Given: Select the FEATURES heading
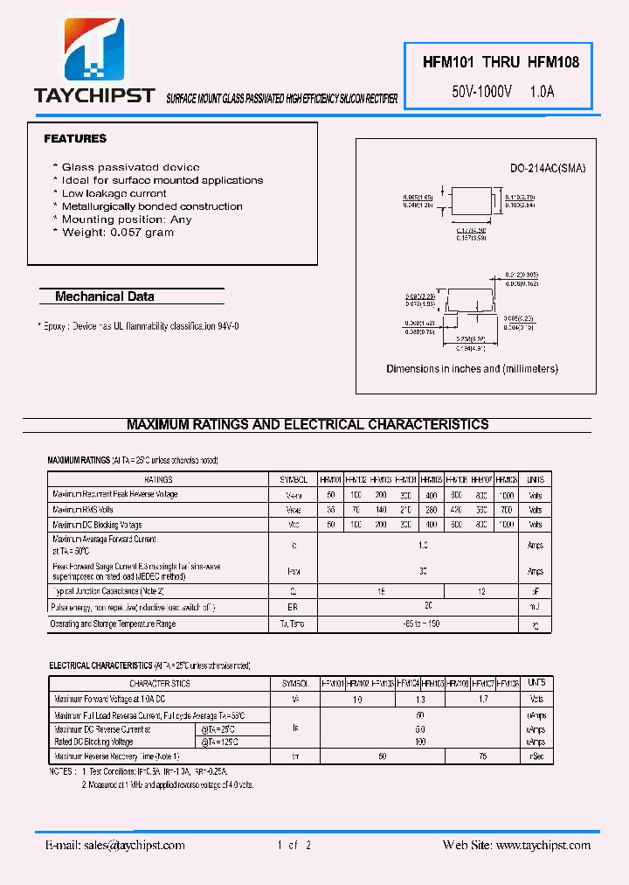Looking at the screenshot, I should coord(75,139).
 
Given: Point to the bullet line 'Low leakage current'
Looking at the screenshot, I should coord(114,193).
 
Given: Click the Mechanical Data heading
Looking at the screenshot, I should coord(105,296).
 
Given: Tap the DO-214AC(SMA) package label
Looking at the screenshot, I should coord(548,169).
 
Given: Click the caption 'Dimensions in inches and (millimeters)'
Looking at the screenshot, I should coord(472,369).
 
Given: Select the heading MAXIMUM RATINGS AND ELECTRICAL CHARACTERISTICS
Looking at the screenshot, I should coord(308,425).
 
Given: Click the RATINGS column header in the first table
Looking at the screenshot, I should coord(158,480).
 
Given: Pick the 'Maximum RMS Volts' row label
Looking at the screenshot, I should coord(83,510).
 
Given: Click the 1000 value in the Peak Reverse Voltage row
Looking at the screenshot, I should coord(507,495).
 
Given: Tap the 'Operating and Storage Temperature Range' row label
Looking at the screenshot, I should coord(114,624).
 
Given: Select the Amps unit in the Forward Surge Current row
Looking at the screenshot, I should coord(536,571).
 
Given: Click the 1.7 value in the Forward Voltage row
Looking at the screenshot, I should coord(482,700).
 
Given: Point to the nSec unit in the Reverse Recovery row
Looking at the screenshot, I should coord(536,756).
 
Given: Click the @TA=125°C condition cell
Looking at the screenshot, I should coord(219,742).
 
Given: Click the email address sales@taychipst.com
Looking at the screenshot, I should coord(115,846).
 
